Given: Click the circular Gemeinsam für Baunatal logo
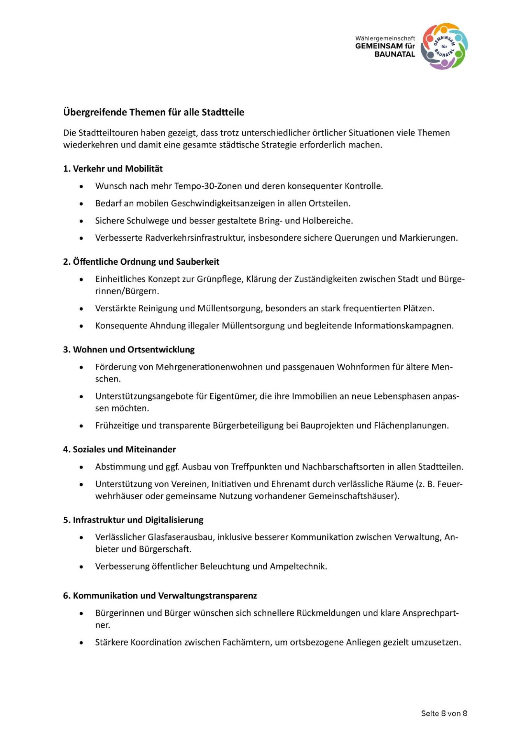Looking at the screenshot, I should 444,46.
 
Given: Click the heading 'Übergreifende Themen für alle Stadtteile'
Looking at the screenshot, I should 154,112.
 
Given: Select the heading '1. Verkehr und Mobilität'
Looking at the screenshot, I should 113,169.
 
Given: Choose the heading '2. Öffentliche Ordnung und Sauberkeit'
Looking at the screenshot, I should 141,262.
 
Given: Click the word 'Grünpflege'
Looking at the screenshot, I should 219,279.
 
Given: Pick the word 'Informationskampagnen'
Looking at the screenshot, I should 403,326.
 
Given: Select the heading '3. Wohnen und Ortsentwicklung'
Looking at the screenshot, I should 129,349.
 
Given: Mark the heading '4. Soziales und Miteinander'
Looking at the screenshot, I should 119,449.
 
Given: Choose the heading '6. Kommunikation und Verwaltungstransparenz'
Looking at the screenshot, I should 160,595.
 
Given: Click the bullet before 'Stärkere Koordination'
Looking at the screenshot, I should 81,643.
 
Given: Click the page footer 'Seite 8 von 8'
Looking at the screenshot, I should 444,713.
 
